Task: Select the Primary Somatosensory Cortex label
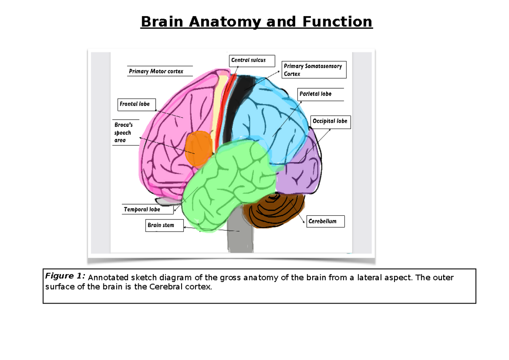[x=314, y=70]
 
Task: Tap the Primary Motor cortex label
[x=156, y=71]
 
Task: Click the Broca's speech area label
[x=123, y=132]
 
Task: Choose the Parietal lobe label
[x=315, y=94]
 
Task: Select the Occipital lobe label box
[x=330, y=121]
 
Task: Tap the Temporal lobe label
[x=142, y=209]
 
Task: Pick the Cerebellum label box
[x=324, y=222]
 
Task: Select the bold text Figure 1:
[x=65, y=276]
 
